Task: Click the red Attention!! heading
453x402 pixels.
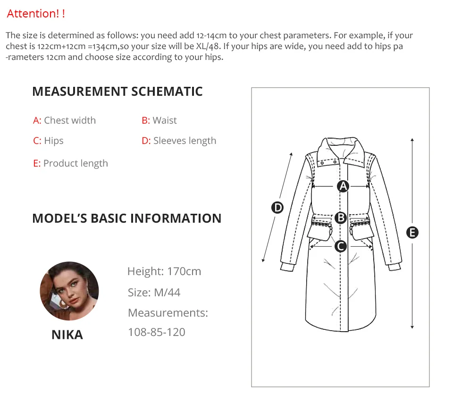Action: (36, 14)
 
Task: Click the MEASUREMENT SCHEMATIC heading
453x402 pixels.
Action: (117, 92)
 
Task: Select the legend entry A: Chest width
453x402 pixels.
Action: (64, 120)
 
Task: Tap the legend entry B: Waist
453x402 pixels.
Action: (159, 120)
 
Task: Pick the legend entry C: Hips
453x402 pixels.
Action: (48, 141)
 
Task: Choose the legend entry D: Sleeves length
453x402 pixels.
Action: (179, 141)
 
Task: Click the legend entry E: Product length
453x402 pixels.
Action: (70, 163)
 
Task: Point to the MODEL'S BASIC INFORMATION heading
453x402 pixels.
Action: (127, 218)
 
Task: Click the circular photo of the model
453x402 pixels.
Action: (69, 291)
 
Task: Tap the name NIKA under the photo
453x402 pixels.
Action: (67, 335)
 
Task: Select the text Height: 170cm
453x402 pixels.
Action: (164, 271)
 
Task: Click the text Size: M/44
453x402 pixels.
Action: (154, 293)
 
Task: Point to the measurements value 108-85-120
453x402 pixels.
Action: (156, 332)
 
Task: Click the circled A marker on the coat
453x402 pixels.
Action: (343, 186)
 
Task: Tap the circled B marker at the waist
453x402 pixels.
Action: (341, 218)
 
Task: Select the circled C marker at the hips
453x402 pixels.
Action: (341, 247)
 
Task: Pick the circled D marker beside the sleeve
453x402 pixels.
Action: (277, 208)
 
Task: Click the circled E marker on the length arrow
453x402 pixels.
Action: (412, 233)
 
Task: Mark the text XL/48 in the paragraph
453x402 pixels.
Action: (208, 46)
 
